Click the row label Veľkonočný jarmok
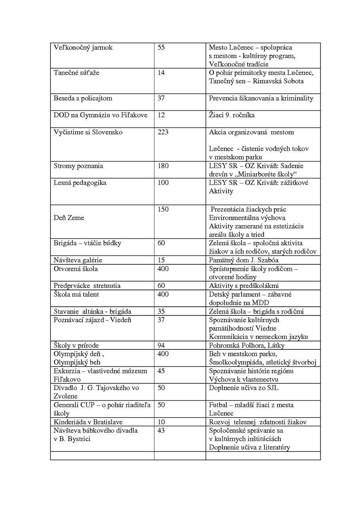coord(83,48)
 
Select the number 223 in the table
coord(163,132)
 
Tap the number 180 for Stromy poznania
coord(163,166)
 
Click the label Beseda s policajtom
coord(83,98)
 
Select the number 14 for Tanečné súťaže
coord(161,73)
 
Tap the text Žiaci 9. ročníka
coord(232,115)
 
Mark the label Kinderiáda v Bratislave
coord(88,422)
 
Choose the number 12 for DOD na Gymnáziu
coord(161,115)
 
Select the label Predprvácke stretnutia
coord(87,285)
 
